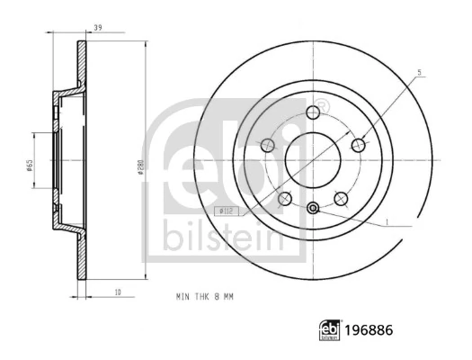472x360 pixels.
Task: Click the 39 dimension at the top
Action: point(98,29)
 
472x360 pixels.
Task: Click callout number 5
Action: point(419,73)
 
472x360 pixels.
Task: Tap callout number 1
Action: point(386,221)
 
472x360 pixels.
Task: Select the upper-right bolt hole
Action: point(359,145)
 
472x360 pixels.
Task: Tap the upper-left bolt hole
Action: point(266,145)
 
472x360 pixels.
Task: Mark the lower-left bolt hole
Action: point(284,199)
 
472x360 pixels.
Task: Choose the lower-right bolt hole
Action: point(341,199)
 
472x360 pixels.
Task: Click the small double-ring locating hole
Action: point(313,210)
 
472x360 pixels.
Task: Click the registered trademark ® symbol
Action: point(322,107)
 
